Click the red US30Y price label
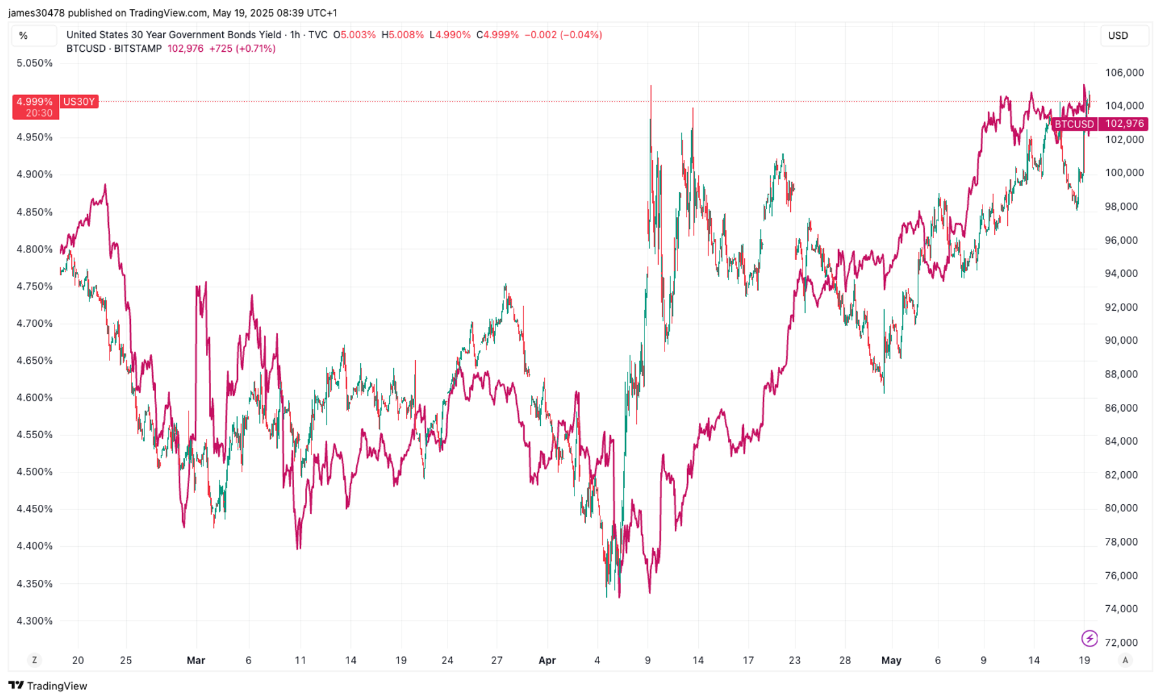79,102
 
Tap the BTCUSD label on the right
1074,124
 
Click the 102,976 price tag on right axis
1124,124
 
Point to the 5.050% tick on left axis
34,63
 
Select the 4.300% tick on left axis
34,621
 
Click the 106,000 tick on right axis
1124,72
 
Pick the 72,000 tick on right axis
1121,642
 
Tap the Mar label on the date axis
196,660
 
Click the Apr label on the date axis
547,660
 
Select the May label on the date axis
891,660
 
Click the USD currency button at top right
1118,36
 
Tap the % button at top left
24,36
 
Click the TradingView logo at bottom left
48,685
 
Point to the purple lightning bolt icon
1089,639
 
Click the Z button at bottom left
34,660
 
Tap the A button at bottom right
1125,660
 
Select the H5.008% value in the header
402,35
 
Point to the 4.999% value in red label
34,102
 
